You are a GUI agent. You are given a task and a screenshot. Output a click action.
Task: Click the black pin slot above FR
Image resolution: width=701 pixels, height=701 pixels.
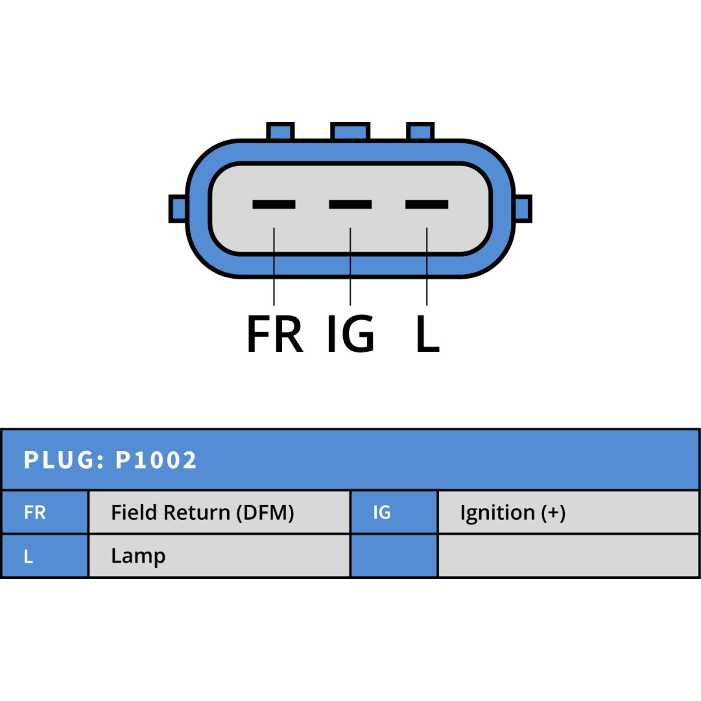[x=274, y=204]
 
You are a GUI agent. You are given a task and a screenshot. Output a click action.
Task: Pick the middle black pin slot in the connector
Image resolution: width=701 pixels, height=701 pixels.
[x=350, y=204]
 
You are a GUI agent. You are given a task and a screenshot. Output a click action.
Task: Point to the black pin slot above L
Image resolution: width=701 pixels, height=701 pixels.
[x=427, y=204]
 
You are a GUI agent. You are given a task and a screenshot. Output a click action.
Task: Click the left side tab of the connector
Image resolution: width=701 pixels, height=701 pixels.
[x=178, y=209]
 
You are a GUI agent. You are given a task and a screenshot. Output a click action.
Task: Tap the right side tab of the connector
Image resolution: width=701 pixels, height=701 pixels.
[x=523, y=209]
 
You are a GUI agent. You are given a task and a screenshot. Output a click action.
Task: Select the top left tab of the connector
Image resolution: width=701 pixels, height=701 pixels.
[x=280, y=131]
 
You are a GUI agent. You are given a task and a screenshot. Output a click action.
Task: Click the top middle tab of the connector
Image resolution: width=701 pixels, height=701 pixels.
[x=350, y=131]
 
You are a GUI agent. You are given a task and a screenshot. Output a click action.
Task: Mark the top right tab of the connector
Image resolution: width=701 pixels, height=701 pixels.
[x=420, y=131]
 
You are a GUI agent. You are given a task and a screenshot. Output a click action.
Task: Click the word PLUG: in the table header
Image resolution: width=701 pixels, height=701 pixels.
[x=64, y=460]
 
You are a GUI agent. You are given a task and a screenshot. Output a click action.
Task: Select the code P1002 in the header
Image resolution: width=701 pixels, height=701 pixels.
[x=156, y=460]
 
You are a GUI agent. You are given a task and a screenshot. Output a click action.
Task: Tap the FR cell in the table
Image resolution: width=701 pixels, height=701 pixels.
[x=45, y=512]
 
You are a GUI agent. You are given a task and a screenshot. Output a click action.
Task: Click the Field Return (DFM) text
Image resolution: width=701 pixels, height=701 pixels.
[x=202, y=513]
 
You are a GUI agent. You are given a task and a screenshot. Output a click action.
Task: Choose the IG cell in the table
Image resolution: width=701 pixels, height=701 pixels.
[x=394, y=512]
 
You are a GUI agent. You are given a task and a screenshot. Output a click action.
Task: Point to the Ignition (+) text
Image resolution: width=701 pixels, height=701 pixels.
[x=513, y=513]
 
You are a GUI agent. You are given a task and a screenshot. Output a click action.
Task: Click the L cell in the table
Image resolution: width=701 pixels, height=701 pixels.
[x=45, y=556]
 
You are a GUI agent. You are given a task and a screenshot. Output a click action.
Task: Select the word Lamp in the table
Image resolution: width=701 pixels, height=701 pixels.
[x=138, y=556]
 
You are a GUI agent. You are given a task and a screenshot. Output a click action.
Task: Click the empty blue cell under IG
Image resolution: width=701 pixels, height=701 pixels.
[x=394, y=556]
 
